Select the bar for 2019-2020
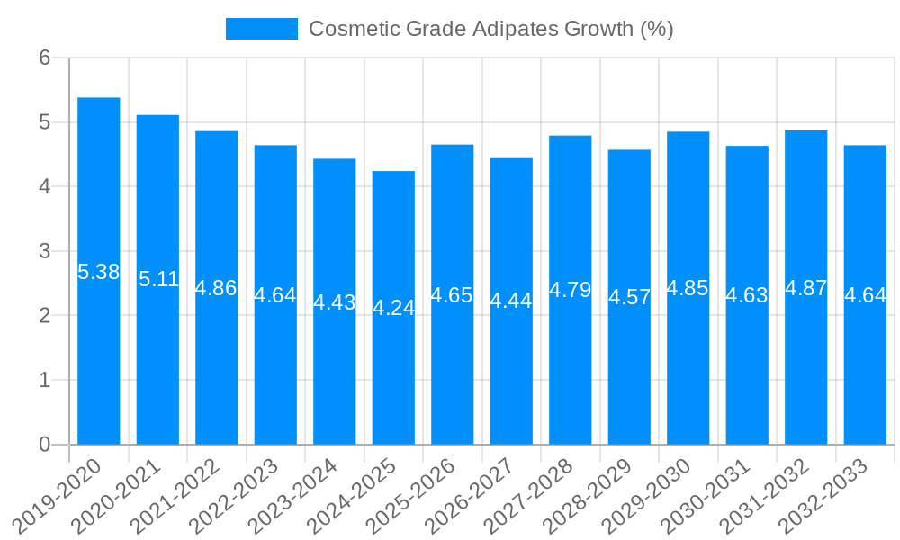[x=99, y=360]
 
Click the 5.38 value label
[x=99, y=272]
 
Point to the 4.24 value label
[x=393, y=308]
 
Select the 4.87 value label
[x=805, y=288]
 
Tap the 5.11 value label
[x=158, y=279]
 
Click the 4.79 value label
[x=571, y=290]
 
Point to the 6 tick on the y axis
[x=44, y=58]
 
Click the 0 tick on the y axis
[x=44, y=445]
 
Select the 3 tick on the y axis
[x=44, y=251]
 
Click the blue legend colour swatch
[x=261, y=29]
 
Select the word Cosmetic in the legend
[x=347, y=29]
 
